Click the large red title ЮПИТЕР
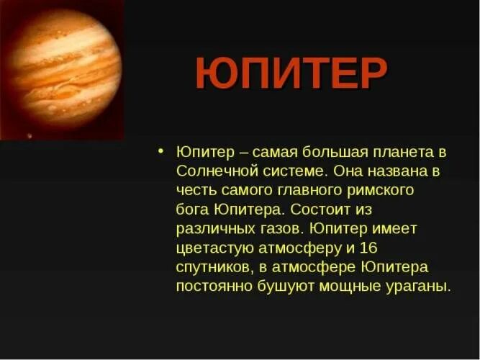pos(291,73)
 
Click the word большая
pos(339,153)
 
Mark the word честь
pos(195,191)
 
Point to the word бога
pos(191,210)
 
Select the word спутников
pos(212,267)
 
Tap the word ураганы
pos(421,287)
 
